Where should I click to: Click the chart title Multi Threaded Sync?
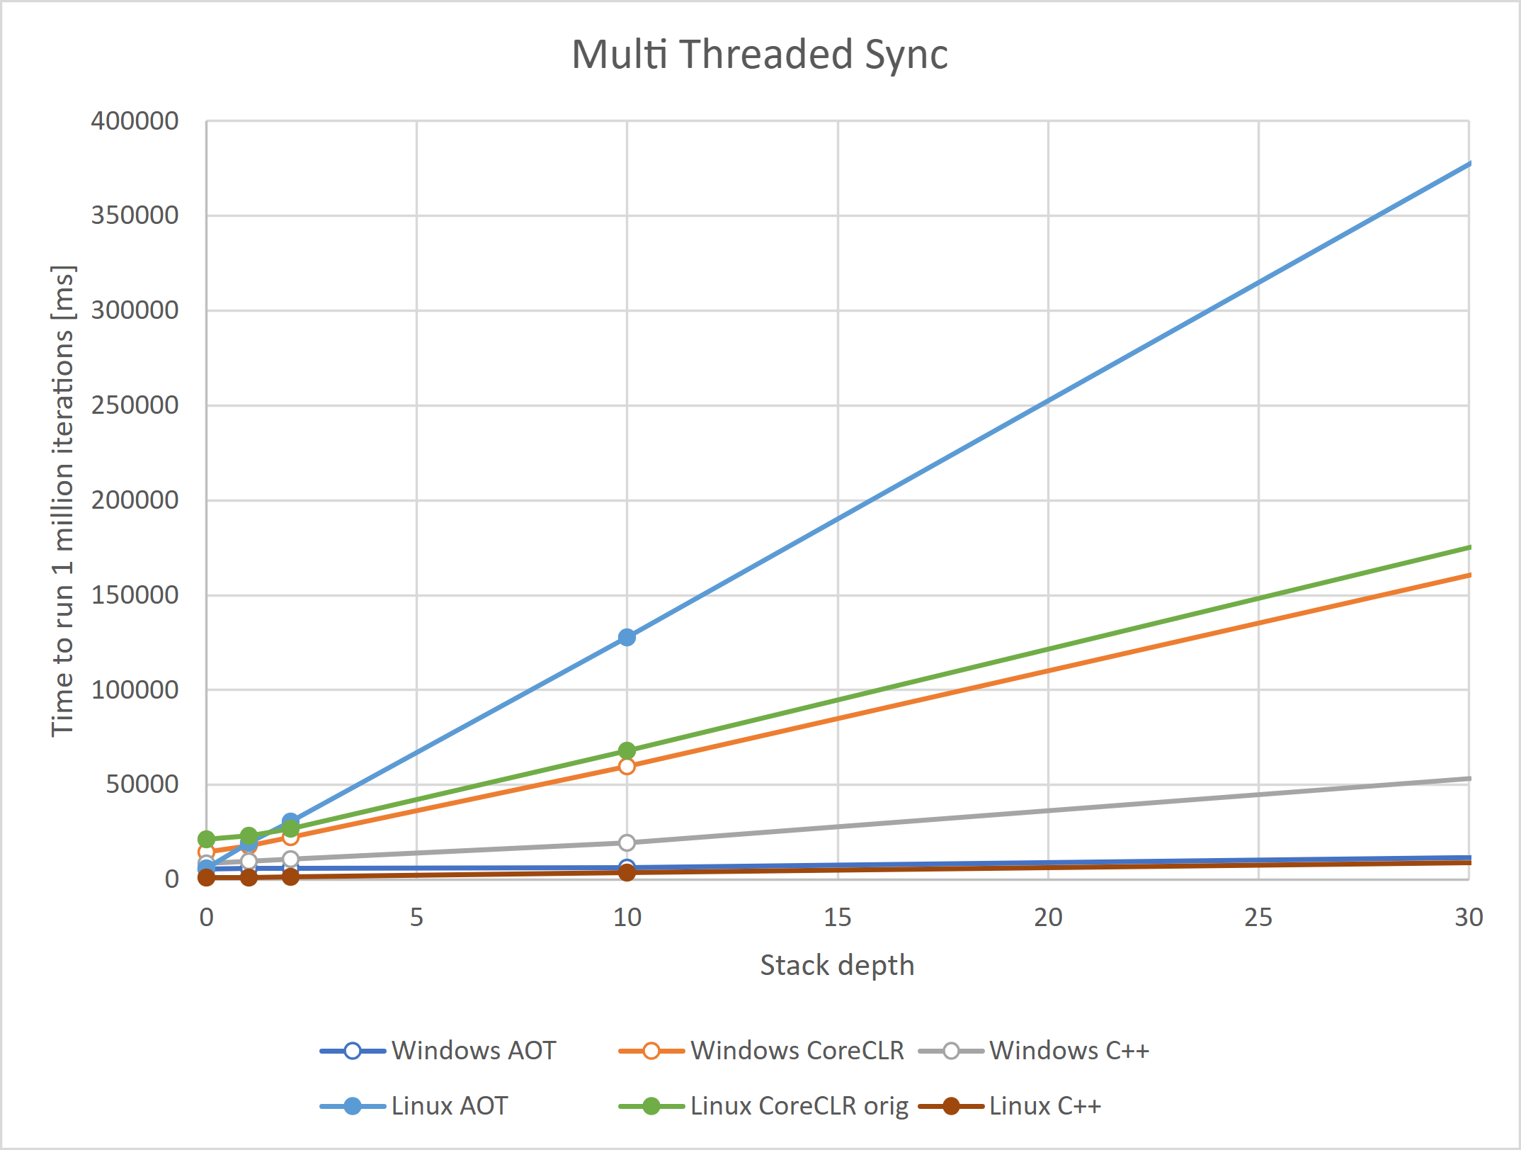point(759,55)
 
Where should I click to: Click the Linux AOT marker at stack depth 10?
point(627,637)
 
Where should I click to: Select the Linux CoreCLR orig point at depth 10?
point(627,750)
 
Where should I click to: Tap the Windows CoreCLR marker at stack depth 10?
point(627,766)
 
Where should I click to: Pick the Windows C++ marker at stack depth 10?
point(627,842)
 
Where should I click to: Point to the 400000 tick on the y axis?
point(135,121)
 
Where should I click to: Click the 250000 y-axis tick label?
point(135,405)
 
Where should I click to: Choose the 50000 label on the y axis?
point(142,784)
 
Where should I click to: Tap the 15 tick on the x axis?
point(837,918)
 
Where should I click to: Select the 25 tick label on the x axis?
point(1258,918)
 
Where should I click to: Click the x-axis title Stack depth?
point(837,965)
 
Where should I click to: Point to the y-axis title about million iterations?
point(62,500)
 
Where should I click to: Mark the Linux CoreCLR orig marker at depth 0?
point(206,840)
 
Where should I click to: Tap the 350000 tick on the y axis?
point(135,215)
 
